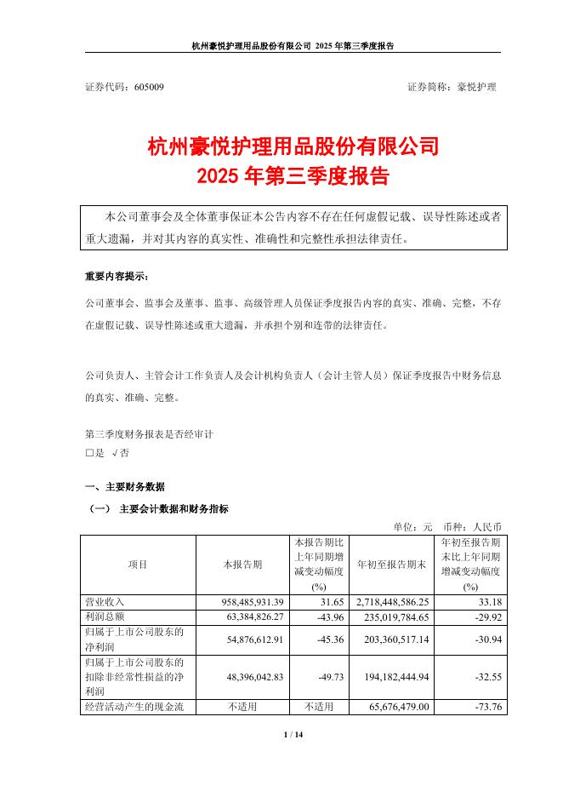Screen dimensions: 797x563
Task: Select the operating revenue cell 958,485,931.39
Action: [x=244, y=601]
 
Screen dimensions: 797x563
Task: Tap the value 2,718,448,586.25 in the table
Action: [x=390, y=601]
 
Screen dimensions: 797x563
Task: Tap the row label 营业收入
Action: [x=100, y=601]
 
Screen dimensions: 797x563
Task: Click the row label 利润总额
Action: [x=100, y=615]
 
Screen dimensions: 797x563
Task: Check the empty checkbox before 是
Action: [x=89, y=453]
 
